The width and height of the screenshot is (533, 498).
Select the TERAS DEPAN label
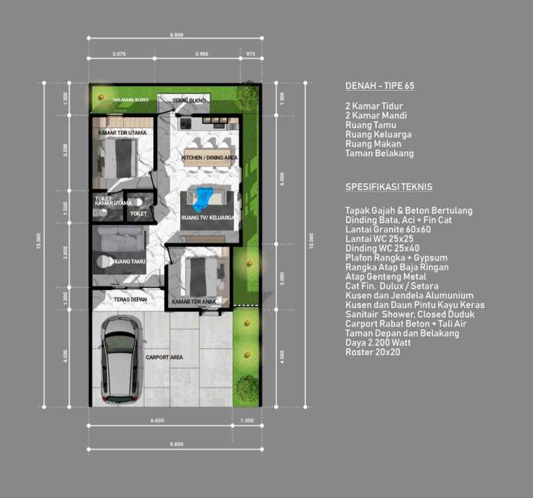[x=129, y=299]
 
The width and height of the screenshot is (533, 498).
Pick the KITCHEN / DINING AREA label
[x=209, y=158]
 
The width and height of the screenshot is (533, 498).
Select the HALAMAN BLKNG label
[x=130, y=100]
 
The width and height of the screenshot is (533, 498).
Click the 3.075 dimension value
[x=119, y=54]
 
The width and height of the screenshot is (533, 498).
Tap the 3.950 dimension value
[x=202, y=54]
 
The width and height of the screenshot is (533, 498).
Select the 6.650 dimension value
[x=157, y=420]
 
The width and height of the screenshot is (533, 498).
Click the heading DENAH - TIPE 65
[x=380, y=87]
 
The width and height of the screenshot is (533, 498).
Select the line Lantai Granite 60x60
[x=388, y=229]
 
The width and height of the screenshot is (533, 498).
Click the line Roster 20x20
[x=372, y=352]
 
